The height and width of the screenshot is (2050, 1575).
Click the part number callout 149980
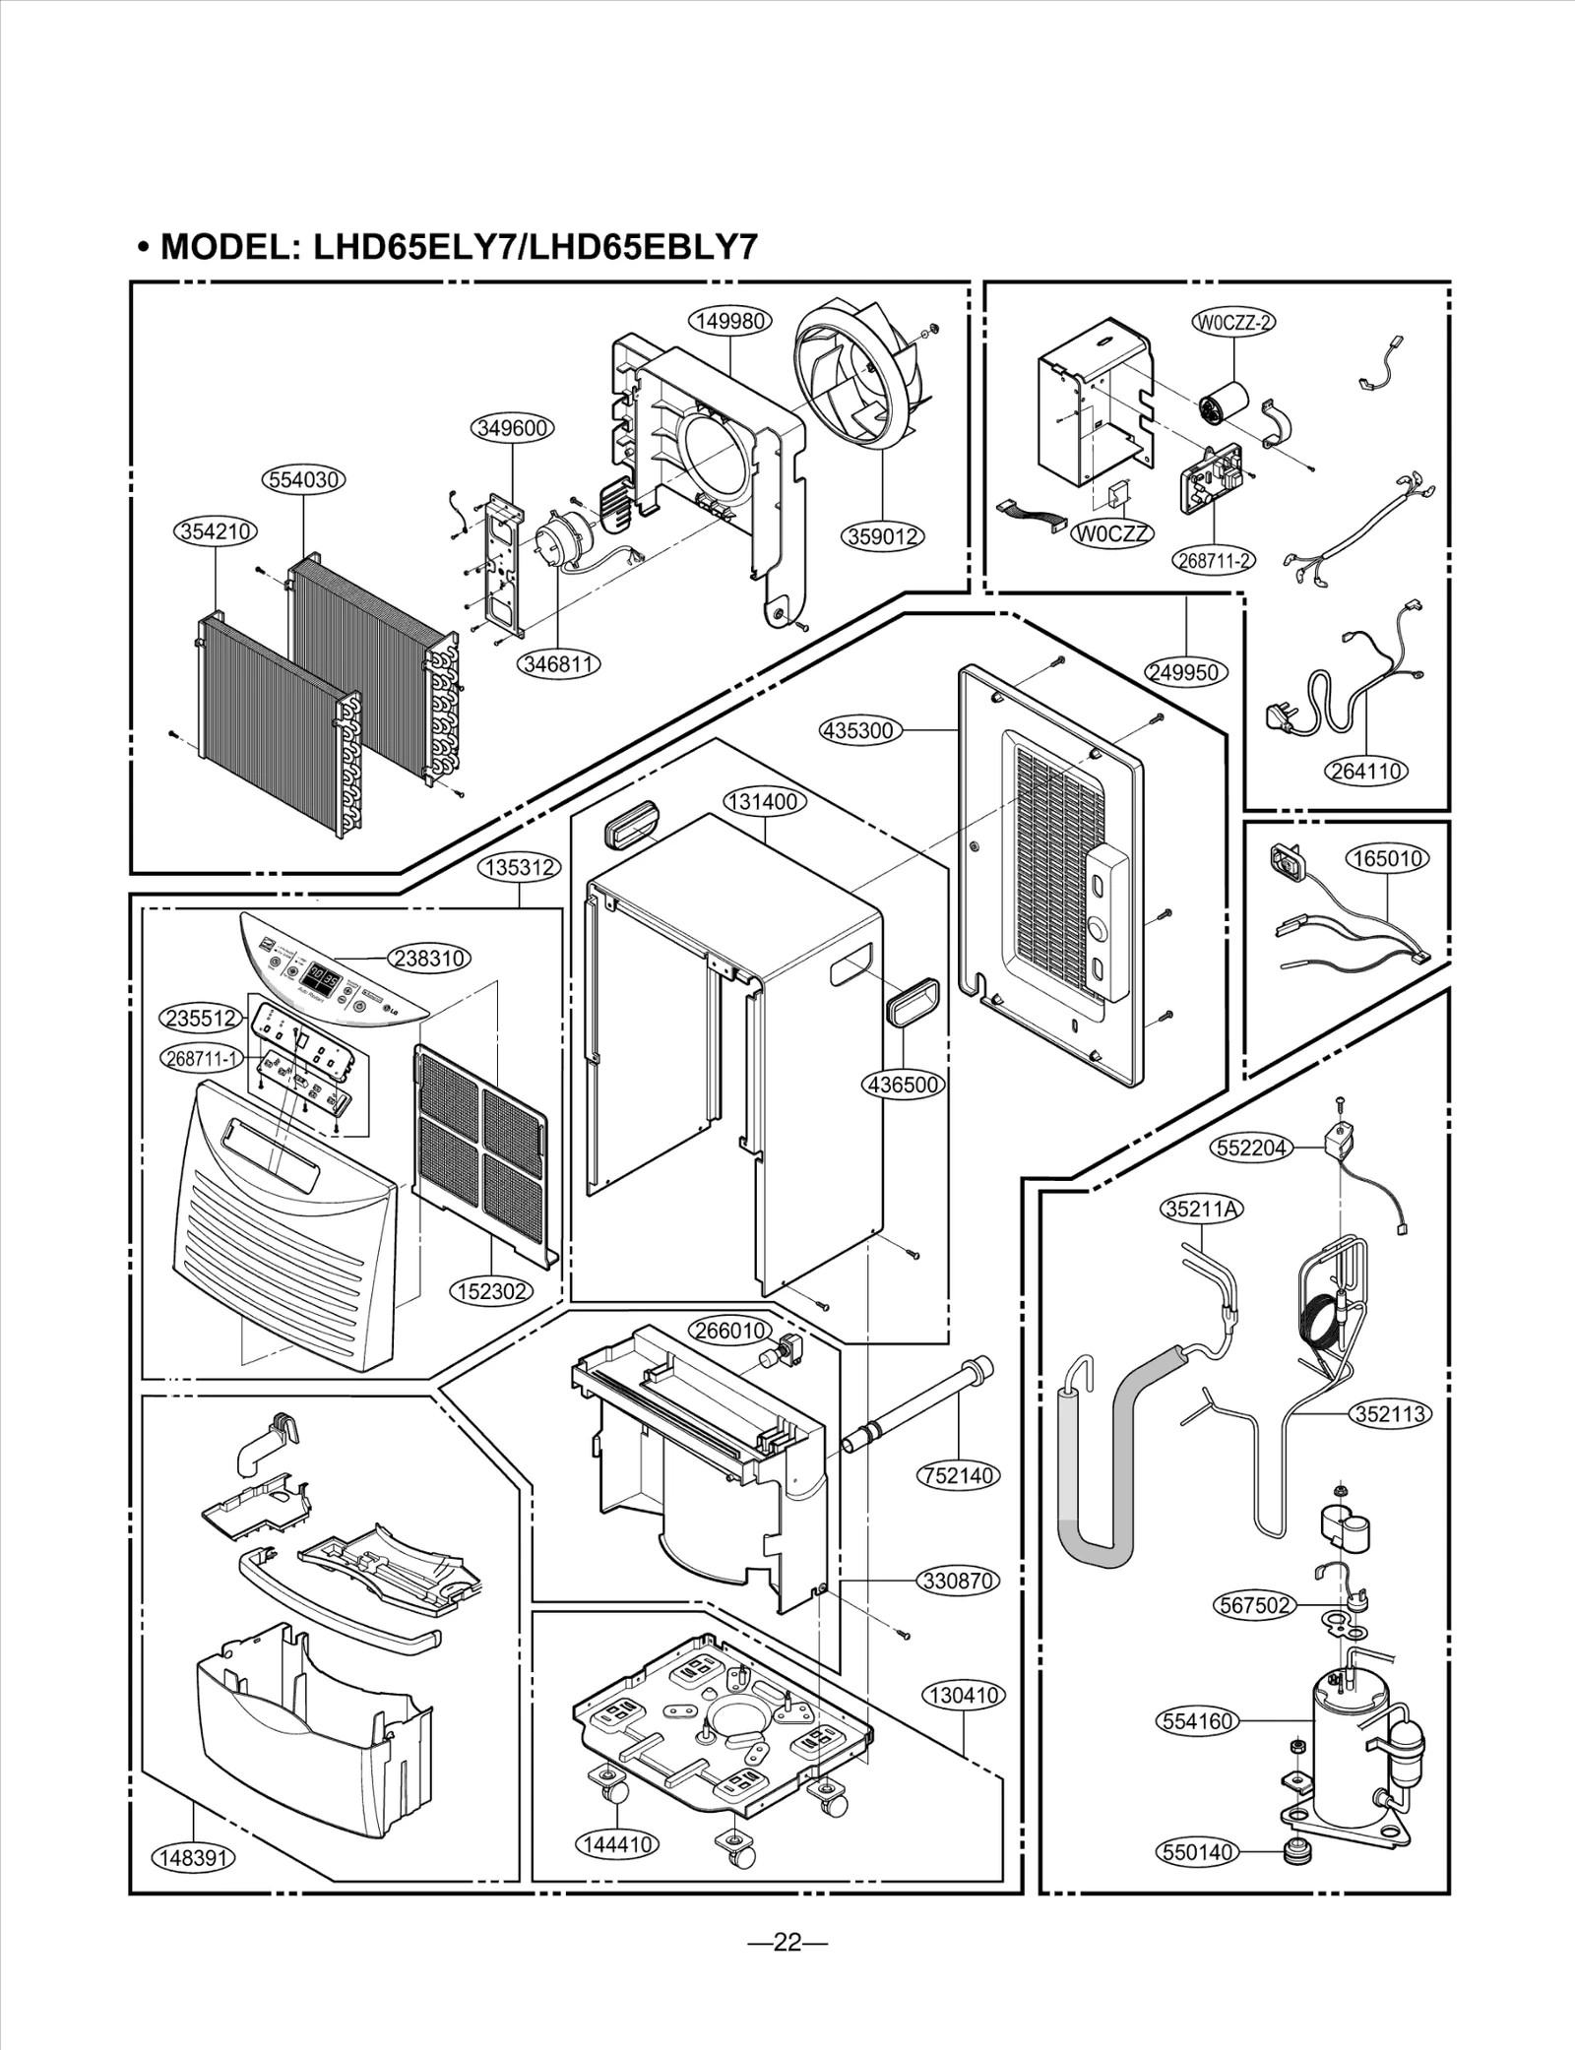pyautogui.click(x=729, y=321)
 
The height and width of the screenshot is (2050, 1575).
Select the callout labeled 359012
pyautogui.click(x=883, y=536)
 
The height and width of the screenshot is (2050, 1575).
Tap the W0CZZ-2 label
pyautogui.click(x=1233, y=322)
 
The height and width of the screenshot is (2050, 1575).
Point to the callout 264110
pyautogui.click(x=1366, y=771)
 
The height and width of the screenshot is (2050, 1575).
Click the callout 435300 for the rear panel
pyautogui.click(x=860, y=730)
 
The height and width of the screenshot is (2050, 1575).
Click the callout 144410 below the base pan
pyautogui.click(x=616, y=1844)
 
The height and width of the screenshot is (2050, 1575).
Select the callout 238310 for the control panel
pyautogui.click(x=430, y=958)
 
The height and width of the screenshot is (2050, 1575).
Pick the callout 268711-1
pyautogui.click(x=202, y=1059)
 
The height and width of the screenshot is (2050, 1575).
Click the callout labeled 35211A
pyautogui.click(x=1201, y=1210)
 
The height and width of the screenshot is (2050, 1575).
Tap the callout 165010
pyautogui.click(x=1387, y=858)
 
